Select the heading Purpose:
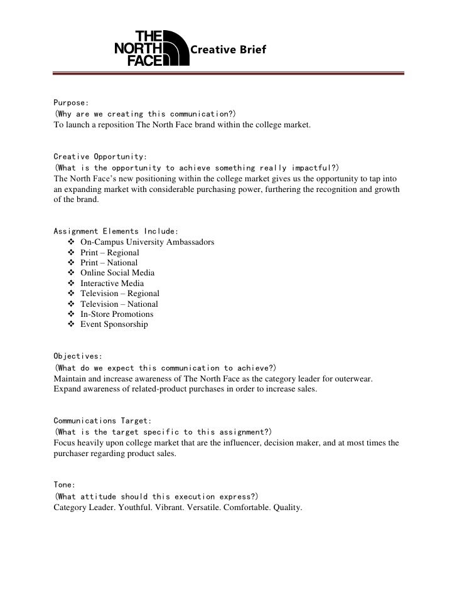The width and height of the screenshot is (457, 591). tap(71, 103)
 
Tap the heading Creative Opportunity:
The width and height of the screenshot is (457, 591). tap(100, 156)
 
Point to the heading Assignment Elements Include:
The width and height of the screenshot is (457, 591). tap(111, 231)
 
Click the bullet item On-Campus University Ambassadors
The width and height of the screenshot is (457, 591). tap(147, 242)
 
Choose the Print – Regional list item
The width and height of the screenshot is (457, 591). tap(109, 252)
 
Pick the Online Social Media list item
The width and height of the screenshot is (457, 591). tap(117, 273)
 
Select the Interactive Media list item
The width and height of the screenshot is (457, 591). tap(112, 284)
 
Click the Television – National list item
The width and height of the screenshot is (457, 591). tap(119, 304)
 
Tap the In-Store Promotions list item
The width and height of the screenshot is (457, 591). tap(117, 314)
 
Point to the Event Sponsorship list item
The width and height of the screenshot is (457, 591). tap(114, 324)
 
